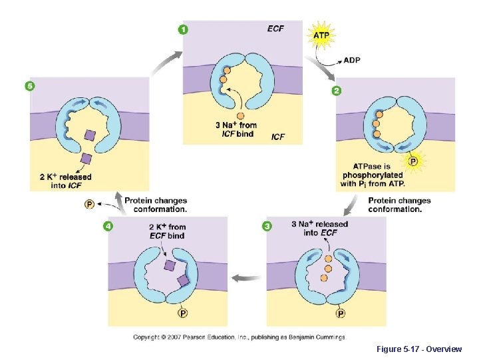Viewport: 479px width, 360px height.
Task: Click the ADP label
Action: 352,60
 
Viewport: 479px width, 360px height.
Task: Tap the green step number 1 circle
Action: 183,29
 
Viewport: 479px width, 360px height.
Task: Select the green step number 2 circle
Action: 337,91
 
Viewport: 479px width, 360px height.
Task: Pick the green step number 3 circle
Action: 267,226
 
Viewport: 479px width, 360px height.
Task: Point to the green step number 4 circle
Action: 108,226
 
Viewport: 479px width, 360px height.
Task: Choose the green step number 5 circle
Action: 29,86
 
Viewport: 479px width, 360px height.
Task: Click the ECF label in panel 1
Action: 275,29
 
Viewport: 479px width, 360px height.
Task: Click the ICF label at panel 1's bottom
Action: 278,137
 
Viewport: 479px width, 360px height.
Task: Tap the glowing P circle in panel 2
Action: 413,161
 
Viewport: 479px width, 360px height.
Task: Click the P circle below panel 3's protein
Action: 341,313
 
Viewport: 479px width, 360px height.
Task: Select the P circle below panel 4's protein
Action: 182,313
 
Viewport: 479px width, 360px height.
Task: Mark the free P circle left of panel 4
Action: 88,204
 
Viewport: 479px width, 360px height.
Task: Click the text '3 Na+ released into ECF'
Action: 319,228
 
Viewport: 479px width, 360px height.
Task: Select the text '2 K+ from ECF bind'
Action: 167,231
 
